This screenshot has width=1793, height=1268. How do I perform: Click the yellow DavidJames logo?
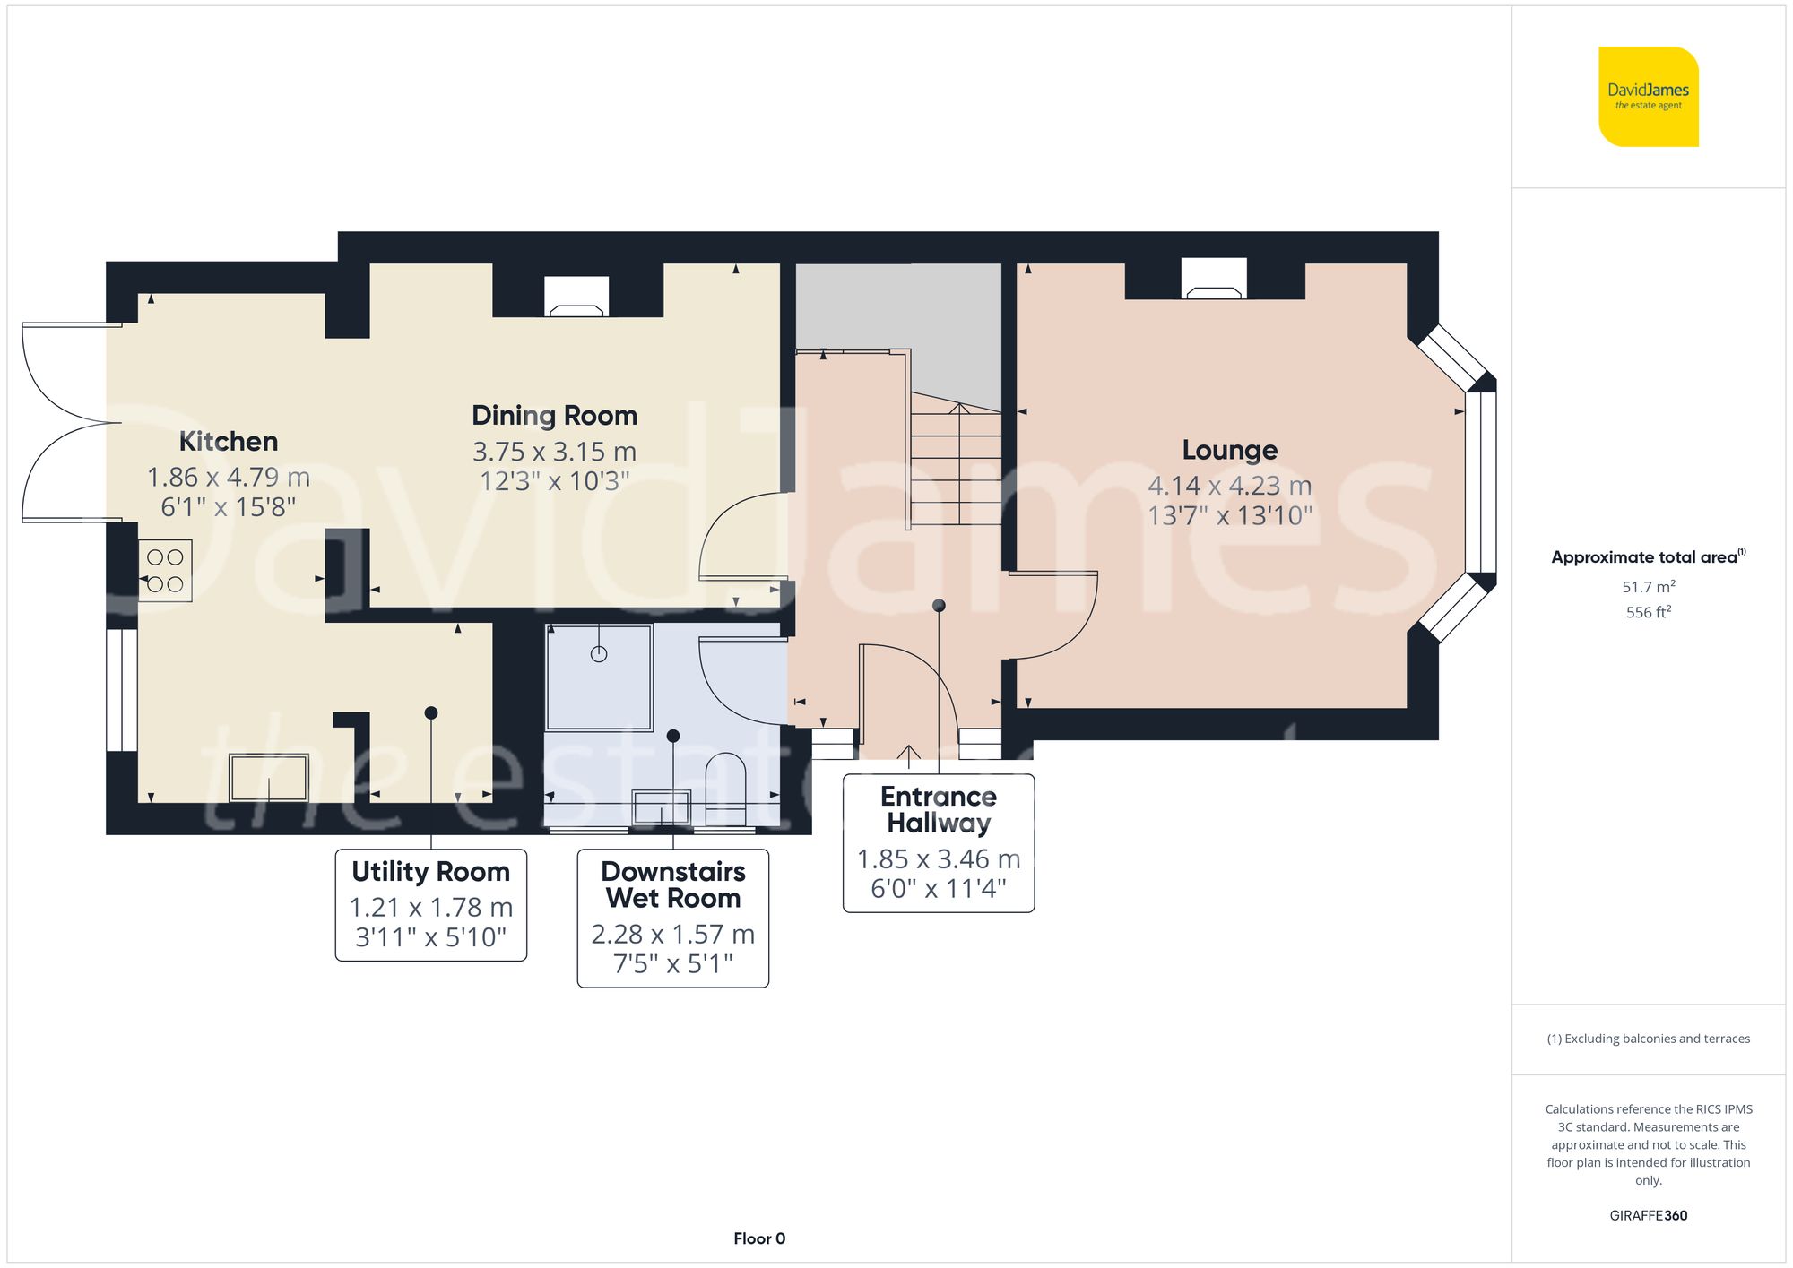coord(1648,97)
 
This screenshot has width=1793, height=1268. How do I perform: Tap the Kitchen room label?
coord(228,441)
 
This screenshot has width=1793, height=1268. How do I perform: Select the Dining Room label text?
coord(554,416)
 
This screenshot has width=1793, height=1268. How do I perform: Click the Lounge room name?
coord(1229,450)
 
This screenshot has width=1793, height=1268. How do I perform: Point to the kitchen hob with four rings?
coord(165,570)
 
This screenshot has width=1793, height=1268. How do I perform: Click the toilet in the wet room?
coord(725,787)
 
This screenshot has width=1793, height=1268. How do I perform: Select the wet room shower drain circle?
coord(599,654)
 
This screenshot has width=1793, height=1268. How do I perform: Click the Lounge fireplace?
coord(1213,280)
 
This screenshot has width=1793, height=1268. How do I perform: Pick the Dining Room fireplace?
coord(576,298)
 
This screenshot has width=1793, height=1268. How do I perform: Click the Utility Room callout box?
coord(430,904)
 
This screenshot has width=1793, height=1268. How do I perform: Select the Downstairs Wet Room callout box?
coord(672,918)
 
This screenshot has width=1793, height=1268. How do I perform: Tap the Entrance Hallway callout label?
coord(938,810)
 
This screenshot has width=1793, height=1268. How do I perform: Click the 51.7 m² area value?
coord(1648,587)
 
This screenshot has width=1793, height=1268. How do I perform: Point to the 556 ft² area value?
coord(1648,612)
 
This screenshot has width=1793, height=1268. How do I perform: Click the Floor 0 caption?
coord(758,1238)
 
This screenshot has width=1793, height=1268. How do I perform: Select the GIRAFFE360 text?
coord(1648,1215)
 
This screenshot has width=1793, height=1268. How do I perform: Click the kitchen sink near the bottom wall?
coord(269,778)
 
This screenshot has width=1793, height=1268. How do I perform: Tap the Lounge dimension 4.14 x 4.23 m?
coord(1229,486)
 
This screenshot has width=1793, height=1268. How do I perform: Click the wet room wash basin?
coord(662,807)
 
